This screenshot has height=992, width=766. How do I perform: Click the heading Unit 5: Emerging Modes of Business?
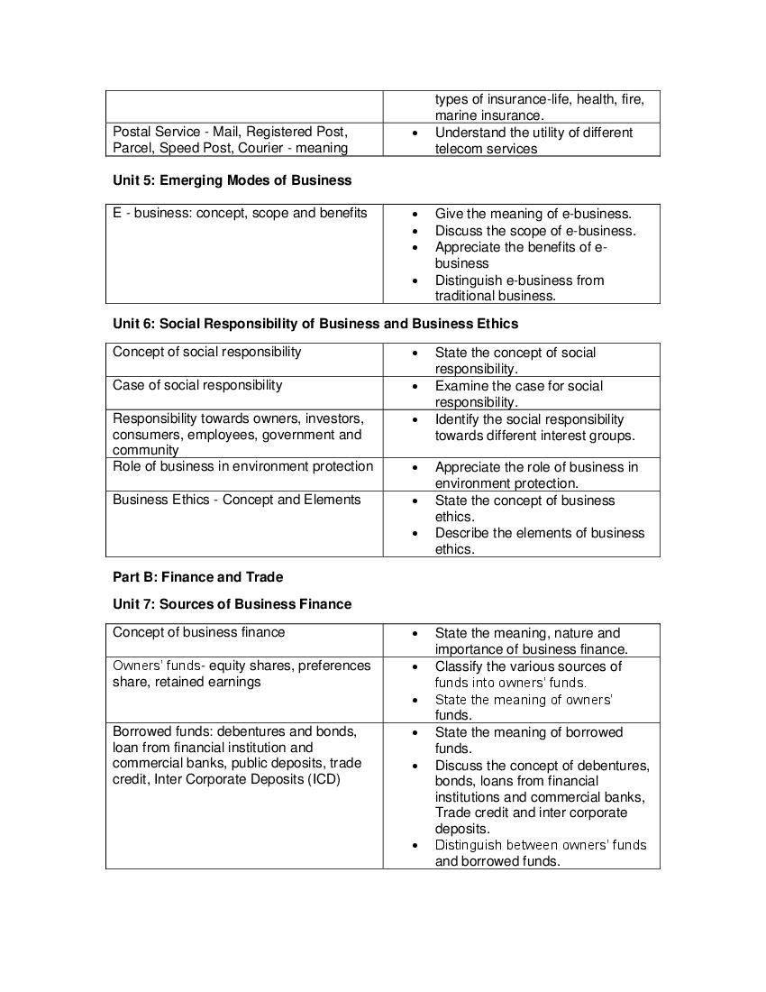pyautogui.click(x=232, y=180)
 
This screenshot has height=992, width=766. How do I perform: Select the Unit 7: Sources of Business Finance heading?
pyautogui.click(x=232, y=604)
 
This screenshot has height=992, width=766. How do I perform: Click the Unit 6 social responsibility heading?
pyautogui.click(x=315, y=323)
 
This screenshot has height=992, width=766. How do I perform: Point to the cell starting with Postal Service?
pyautogui.click(x=230, y=140)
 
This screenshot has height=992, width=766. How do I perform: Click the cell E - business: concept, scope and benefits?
pyautogui.click(x=240, y=214)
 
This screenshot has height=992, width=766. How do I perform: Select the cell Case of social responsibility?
pyautogui.click(x=197, y=386)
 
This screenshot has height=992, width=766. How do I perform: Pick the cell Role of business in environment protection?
pyautogui.click(x=242, y=467)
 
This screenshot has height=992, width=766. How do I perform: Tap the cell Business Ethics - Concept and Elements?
pyautogui.click(x=236, y=501)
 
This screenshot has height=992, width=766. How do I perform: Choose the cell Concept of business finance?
pyautogui.click(x=198, y=633)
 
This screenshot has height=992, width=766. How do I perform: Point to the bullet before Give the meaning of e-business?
pyautogui.click(x=414, y=215)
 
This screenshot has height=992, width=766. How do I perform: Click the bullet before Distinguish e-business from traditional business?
pyautogui.click(x=414, y=280)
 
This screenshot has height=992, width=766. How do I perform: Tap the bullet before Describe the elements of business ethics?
pyautogui.click(x=414, y=533)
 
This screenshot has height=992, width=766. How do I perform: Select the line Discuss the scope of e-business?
pyautogui.click(x=535, y=231)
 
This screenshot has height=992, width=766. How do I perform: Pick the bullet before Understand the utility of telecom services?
pyautogui.click(x=414, y=133)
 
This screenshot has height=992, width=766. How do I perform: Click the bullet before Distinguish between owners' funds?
pyautogui.click(x=414, y=846)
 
